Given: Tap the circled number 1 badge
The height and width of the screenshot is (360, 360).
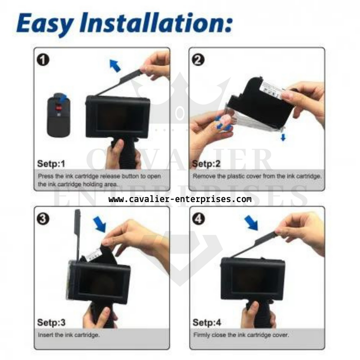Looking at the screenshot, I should pos(44,60).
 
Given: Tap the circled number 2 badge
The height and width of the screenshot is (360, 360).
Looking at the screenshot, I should pos(198,60).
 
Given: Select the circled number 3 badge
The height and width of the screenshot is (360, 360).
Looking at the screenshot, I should pos(44,219).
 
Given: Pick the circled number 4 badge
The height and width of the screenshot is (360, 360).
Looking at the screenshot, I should pos(198,219).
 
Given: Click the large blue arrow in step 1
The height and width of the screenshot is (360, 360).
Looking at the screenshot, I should pos(115,66).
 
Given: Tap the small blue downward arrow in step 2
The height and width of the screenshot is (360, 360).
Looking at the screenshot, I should pos(283,137).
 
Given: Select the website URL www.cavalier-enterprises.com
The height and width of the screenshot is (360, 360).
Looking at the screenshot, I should pos(180,199).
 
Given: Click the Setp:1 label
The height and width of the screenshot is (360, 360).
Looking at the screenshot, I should pos(51,164).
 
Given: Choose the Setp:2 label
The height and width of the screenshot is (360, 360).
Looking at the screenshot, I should pos(206,164).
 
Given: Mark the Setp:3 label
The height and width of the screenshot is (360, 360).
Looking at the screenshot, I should pos(51,323).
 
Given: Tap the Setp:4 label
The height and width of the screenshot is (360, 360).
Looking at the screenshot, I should pos(207,323).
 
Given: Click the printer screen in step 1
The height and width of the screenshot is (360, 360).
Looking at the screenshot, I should pos(117,118).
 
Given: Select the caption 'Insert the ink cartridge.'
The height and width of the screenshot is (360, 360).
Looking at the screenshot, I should pos(69,335).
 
